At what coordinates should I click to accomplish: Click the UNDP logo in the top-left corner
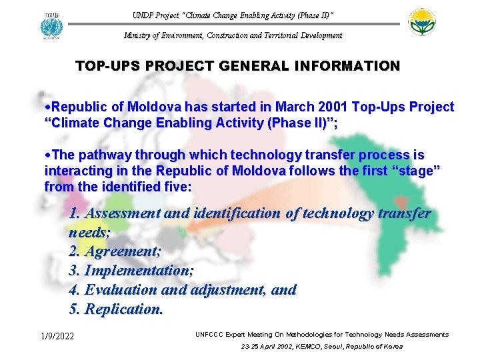51,25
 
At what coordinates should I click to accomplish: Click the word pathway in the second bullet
106,155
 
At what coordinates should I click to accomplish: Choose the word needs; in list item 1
89,233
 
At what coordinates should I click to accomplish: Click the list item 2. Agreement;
115,252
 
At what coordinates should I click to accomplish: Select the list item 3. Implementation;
131,271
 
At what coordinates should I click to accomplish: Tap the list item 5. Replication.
116,310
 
